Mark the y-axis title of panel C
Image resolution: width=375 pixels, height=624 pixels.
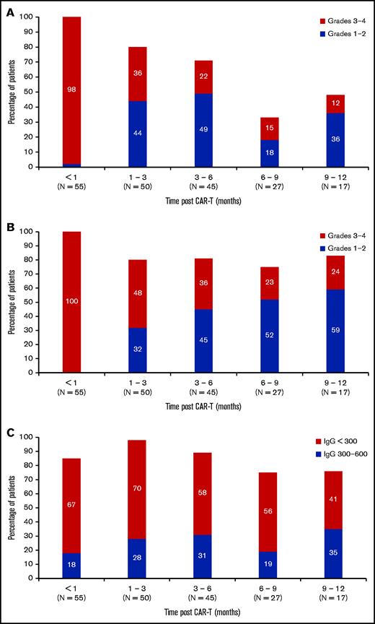[x=12, y=508]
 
